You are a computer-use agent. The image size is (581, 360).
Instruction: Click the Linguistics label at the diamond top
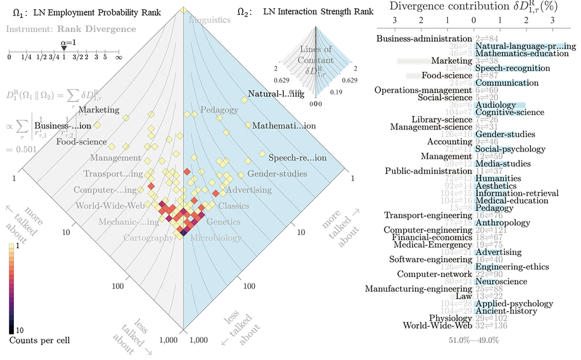click(x=210, y=20)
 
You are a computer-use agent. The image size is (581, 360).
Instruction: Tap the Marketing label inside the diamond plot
click(x=99, y=110)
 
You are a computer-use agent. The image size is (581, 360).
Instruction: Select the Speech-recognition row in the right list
click(x=513, y=68)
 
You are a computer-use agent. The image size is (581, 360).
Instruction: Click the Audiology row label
click(x=496, y=105)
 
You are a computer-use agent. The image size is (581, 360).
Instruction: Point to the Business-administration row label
click(x=424, y=38)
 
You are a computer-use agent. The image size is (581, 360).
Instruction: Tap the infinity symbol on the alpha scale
click(x=119, y=57)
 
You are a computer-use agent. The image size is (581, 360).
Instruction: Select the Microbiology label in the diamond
click(x=216, y=238)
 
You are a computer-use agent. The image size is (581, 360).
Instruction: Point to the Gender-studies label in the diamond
click(x=277, y=174)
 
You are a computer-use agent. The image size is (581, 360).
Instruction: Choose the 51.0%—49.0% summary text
click(x=474, y=340)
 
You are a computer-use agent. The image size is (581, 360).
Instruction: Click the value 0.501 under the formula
click(x=21, y=149)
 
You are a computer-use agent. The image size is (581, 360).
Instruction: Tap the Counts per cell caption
click(x=40, y=340)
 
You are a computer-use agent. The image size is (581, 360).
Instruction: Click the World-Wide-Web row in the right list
click(x=437, y=325)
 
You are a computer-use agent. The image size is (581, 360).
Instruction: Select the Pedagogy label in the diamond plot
click(x=219, y=110)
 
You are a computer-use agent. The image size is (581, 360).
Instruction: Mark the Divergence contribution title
click(x=473, y=6)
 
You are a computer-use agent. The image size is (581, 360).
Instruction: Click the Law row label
click(x=464, y=296)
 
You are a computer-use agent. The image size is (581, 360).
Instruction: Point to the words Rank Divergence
click(x=96, y=29)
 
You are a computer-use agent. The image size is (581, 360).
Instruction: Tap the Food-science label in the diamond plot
click(x=82, y=142)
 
